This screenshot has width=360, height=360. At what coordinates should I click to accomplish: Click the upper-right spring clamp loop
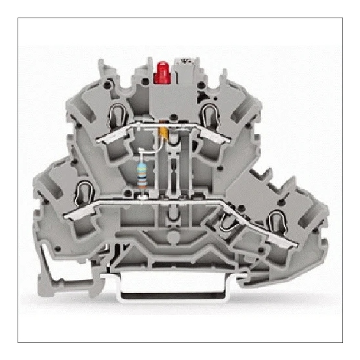(x=210, y=116)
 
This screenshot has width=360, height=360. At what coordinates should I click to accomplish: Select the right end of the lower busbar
(x=297, y=246)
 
